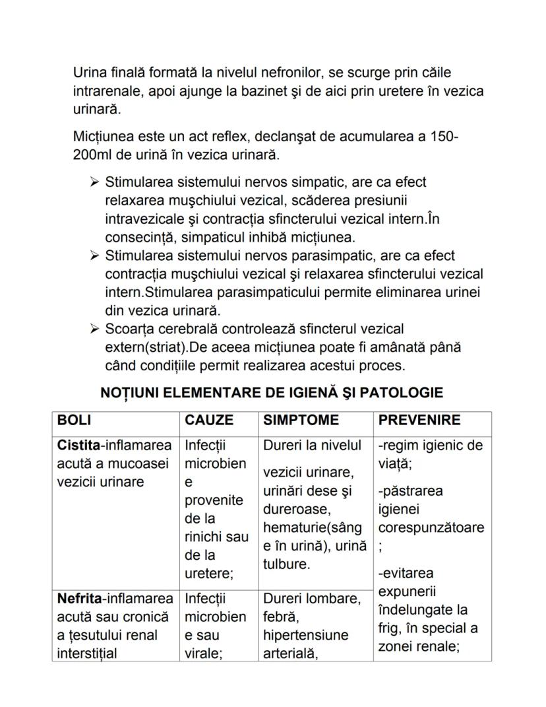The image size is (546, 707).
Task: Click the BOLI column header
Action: (75, 421)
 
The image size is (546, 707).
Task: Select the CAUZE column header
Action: (209, 421)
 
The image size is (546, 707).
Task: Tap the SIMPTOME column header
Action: (301, 421)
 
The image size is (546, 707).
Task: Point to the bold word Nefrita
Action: (78, 599)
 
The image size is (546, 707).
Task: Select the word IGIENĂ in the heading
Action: (299, 393)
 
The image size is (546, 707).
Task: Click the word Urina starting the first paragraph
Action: (89, 72)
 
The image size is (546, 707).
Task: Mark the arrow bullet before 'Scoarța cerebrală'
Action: (94, 328)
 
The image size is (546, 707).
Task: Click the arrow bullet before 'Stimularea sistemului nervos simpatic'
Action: (94, 182)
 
